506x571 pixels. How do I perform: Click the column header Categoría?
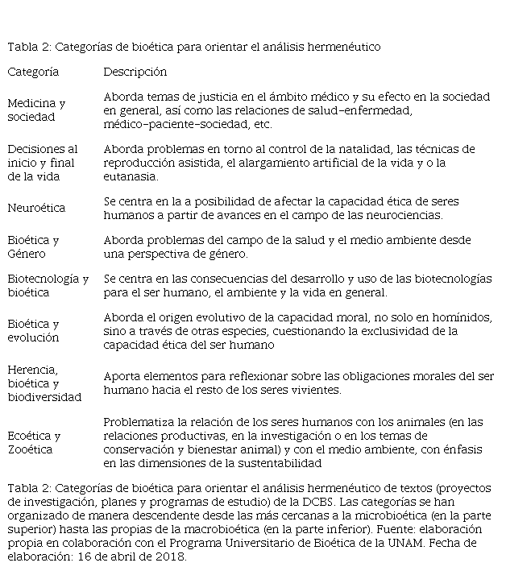tap(33, 72)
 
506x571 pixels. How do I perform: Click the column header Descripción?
tap(135, 72)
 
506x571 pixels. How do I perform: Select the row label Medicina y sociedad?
tap(36, 110)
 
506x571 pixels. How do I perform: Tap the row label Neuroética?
tap(36, 208)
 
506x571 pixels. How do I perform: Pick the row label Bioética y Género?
tap(33, 247)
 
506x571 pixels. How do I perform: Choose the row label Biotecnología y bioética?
tap(48, 286)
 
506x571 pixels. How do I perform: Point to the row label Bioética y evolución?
tap(33, 331)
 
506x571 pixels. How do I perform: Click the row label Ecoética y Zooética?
tap(33, 442)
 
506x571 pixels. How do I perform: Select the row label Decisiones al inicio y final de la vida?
tap(43, 163)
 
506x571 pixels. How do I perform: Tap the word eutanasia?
tap(131, 176)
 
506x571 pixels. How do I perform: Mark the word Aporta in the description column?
tap(121, 376)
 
